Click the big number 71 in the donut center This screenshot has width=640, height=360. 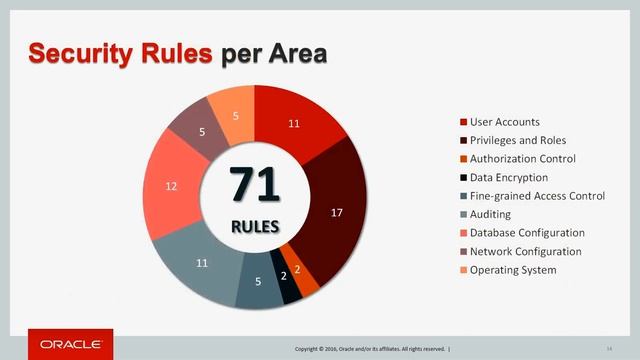tap(255, 184)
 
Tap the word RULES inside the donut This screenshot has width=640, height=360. tap(255, 225)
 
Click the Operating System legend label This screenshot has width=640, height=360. tap(512, 269)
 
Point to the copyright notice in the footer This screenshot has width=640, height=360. tap(370, 348)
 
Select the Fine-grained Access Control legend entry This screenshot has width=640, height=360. tap(536, 196)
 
